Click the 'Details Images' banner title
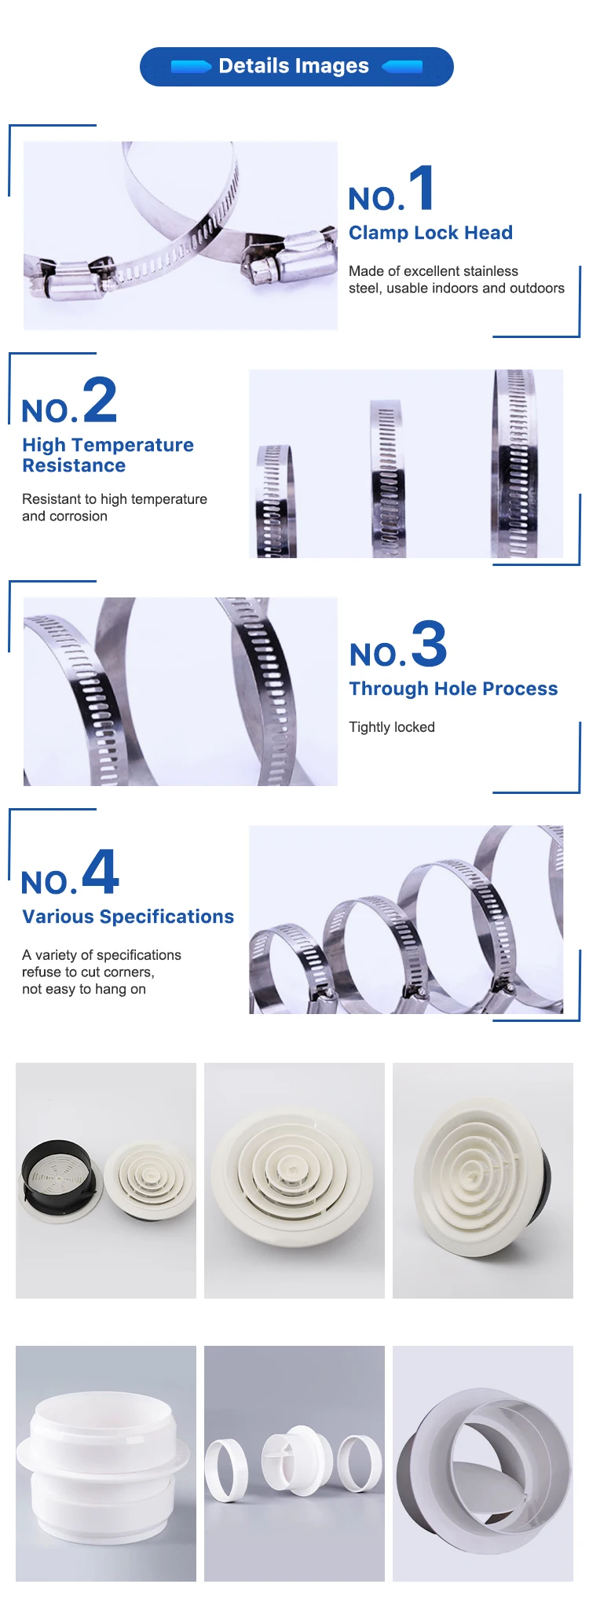tap(294, 66)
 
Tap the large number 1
tap(423, 188)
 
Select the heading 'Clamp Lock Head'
tap(430, 233)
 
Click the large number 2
tap(100, 399)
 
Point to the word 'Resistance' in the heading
tap(74, 465)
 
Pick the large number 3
tap(429, 643)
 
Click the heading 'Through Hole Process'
tap(453, 689)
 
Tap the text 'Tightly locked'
tap(392, 727)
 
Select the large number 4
tap(101, 871)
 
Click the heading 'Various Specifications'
tap(128, 917)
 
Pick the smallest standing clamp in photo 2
tap(274, 501)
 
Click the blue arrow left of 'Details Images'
tap(191, 67)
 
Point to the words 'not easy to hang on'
tap(84, 989)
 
